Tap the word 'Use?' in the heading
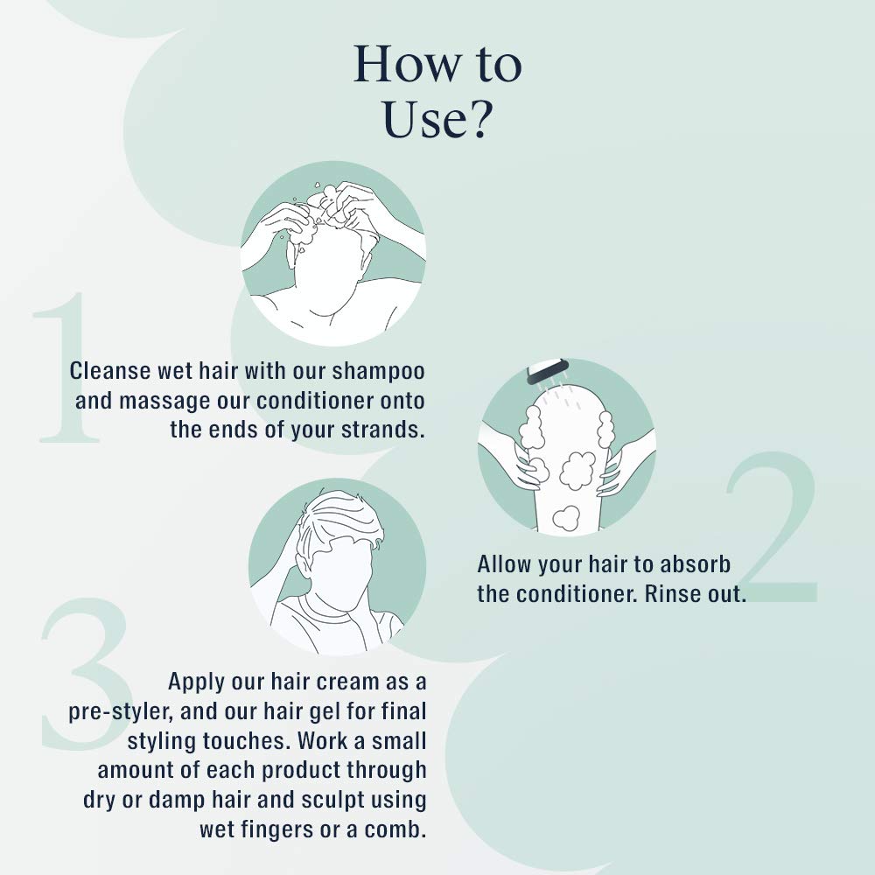437,119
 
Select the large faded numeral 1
66,367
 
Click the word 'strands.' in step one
383,430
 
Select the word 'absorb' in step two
696,564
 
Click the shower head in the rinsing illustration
548,370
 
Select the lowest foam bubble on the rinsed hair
566,518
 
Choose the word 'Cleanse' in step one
110,371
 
